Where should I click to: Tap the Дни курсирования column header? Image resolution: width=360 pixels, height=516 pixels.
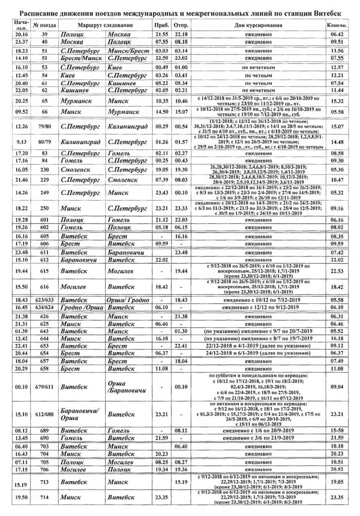[258, 24]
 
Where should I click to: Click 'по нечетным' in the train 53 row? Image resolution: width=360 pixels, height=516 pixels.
[258, 67]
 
